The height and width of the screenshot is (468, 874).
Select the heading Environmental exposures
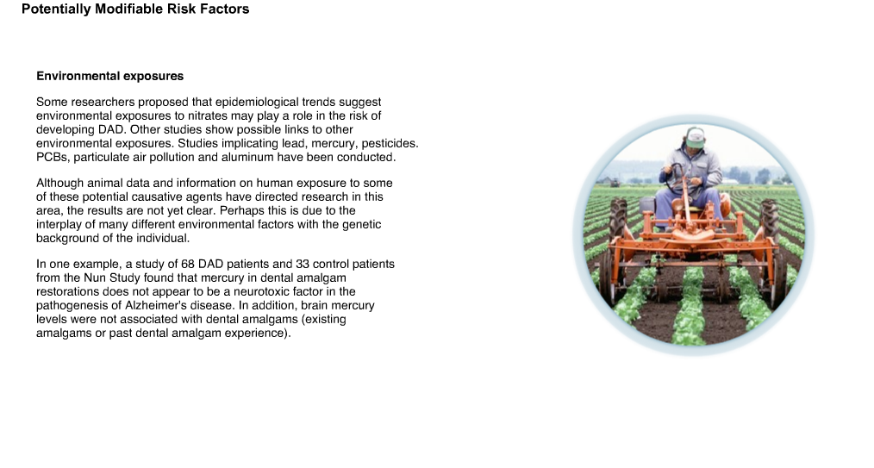pos(109,77)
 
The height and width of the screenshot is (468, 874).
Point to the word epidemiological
pos(257,103)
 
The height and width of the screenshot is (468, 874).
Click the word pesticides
pos(390,144)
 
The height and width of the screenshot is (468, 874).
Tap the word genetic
pos(362,225)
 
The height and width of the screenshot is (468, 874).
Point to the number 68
pos(187,264)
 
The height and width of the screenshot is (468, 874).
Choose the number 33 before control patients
pos(303,264)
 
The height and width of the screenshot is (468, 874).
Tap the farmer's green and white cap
pos(694,137)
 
